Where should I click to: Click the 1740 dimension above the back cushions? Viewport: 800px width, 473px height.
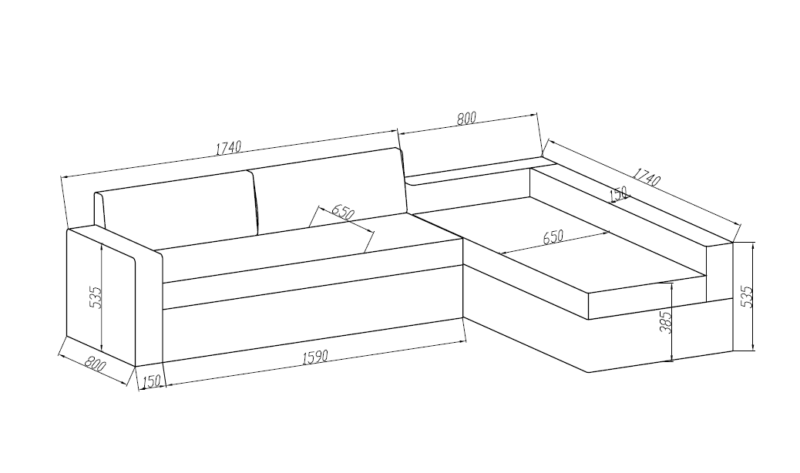coord(228,148)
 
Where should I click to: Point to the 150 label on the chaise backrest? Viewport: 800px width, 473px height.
coord(620,194)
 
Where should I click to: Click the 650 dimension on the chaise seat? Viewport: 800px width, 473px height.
coord(553,237)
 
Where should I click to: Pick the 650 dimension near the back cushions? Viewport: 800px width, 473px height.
coord(342,212)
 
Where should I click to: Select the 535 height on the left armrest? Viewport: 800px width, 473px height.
coord(96,297)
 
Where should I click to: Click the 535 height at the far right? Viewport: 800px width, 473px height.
coord(745,296)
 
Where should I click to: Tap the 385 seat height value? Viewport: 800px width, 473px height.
coord(665,322)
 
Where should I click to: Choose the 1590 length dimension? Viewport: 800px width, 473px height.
coord(315,357)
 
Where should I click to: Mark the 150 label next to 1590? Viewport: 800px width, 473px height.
coord(152,381)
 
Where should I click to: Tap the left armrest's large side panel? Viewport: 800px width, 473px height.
coord(101,297)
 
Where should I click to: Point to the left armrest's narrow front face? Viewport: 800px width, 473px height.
coord(150,307)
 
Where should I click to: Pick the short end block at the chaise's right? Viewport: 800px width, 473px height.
coord(719,273)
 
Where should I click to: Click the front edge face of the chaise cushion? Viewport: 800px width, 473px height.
coord(647,298)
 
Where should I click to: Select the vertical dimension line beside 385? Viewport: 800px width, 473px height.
coord(674,322)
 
